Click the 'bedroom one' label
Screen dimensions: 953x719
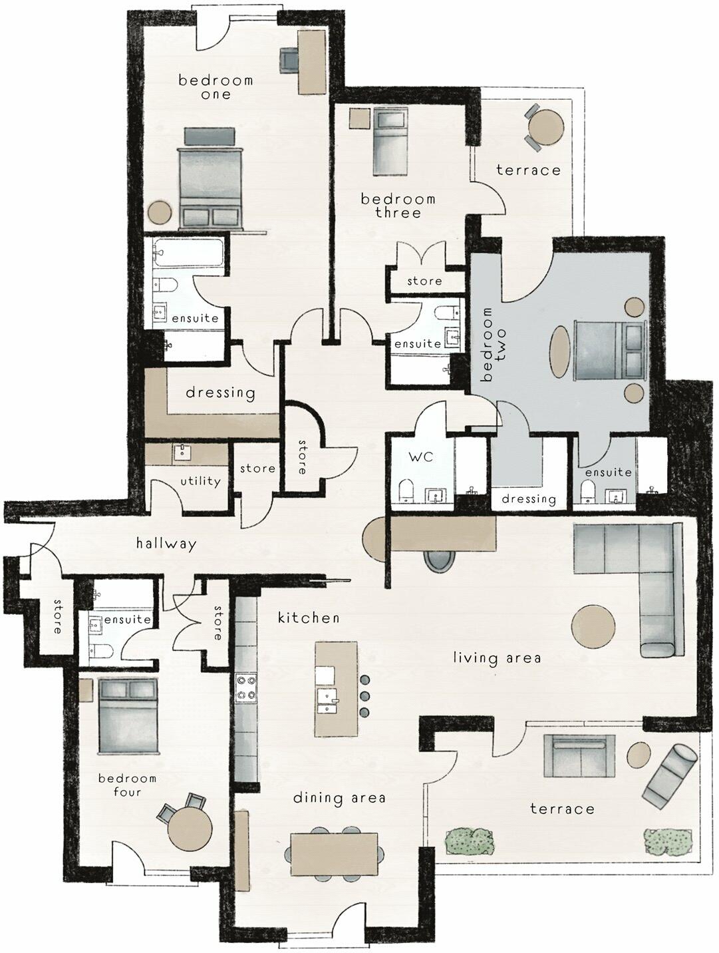pyautogui.click(x=216, y=87)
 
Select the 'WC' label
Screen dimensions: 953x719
pyautogui.click(x=416, y=458)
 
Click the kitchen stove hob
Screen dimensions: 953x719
pyautogui.click(x=246, y=688)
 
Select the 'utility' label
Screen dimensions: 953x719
pyautogui.click(x=200, y=481)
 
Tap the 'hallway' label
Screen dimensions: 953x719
pyautogui.click(x=166, y=544)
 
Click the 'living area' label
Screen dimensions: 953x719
pyautogui.click(x=497, y=658)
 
